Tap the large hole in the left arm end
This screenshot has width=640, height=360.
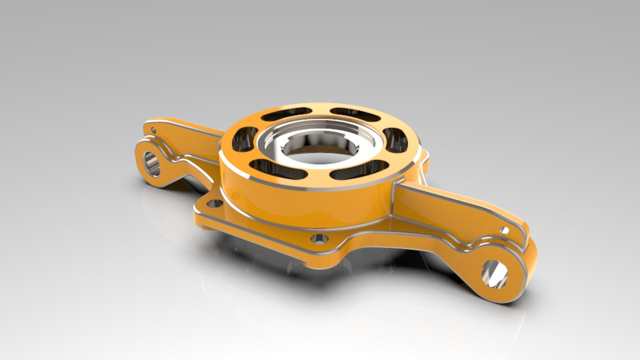[152, 163]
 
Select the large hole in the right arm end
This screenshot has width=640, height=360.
[495, 273]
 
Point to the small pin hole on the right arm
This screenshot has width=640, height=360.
[505, 231]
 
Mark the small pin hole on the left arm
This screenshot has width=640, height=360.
[154, 130]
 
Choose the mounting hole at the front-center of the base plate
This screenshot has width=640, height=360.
[319, 237]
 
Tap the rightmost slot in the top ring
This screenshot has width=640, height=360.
[395, 139]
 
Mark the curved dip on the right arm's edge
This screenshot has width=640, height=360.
[467, 243]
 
